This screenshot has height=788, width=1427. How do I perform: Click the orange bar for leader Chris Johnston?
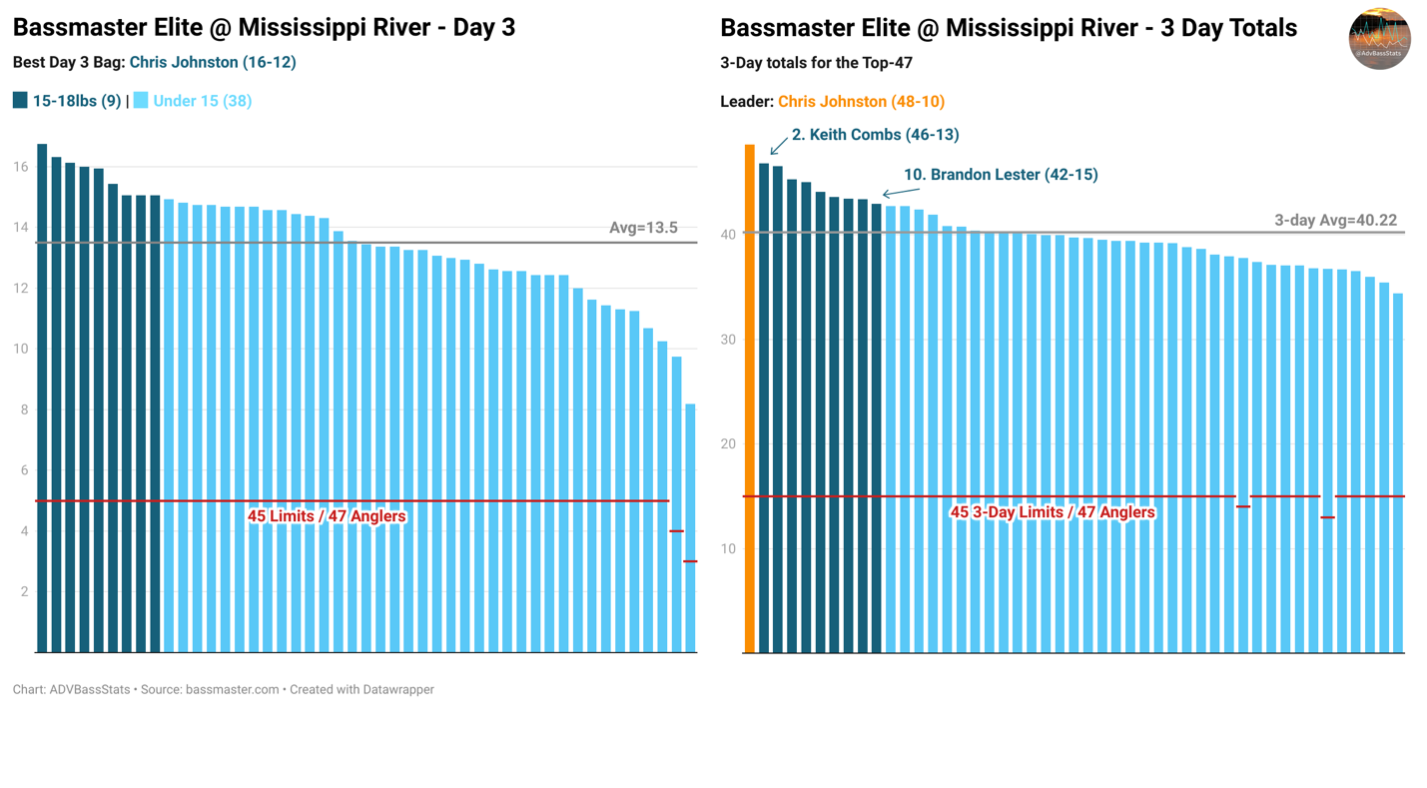pos(749,399)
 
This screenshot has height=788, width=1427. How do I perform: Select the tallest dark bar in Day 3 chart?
pos(42,399)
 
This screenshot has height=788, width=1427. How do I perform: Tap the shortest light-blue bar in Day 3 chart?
pos(690,529)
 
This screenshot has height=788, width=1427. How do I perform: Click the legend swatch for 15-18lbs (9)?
pos(20,101)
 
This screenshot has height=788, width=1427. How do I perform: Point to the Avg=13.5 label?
pos(643,228)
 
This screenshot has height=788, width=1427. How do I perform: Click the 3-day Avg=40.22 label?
pos(1335,221)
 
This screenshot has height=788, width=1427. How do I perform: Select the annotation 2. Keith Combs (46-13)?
pos(875,135)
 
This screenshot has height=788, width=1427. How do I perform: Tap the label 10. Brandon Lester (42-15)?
pos(1001,175)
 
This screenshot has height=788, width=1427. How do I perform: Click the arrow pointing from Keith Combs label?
pos(779,146)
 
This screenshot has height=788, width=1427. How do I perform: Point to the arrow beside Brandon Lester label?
pos(901,192)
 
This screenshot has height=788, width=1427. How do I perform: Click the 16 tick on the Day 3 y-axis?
pos(20,167)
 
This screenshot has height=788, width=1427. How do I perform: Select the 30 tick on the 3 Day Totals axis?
pos(728,340)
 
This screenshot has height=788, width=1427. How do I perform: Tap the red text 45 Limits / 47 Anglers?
pos(327,516)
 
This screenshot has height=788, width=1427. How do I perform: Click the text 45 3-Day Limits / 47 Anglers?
pos(1052,512)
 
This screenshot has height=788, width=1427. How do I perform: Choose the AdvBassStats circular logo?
pos(1379,39)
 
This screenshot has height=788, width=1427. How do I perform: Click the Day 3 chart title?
pos(264,27)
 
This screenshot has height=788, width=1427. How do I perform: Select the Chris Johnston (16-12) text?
pos(213,62)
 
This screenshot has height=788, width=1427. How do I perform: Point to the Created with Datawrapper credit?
pos(361,689)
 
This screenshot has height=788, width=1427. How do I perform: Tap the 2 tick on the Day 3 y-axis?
pos(23,592)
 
